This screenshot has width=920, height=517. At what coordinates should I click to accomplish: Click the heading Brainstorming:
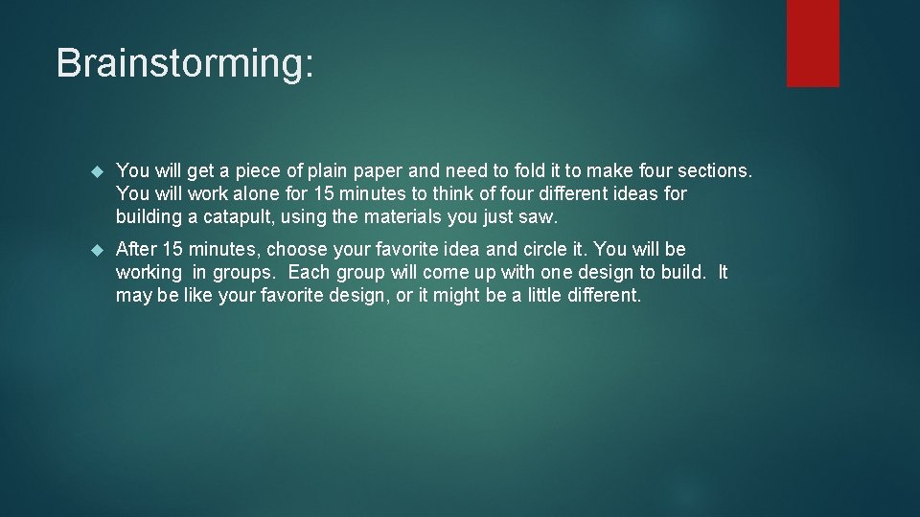pos(184,64)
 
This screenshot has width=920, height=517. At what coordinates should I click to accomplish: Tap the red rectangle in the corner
pos(813,43)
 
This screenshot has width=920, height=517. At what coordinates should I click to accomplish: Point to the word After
pos(136,249)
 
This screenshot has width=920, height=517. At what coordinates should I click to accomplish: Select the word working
pos(149,272)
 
